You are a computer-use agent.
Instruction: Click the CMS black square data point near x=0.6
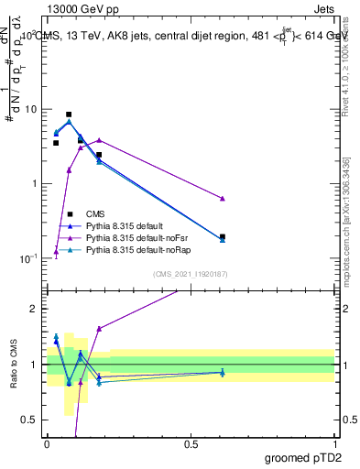coord(223,236)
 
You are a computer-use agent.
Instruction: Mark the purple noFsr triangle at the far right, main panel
coord(223,199)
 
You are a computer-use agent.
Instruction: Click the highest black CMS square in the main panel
coord(69,115)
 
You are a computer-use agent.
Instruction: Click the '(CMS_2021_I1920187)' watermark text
coord(190,272)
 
